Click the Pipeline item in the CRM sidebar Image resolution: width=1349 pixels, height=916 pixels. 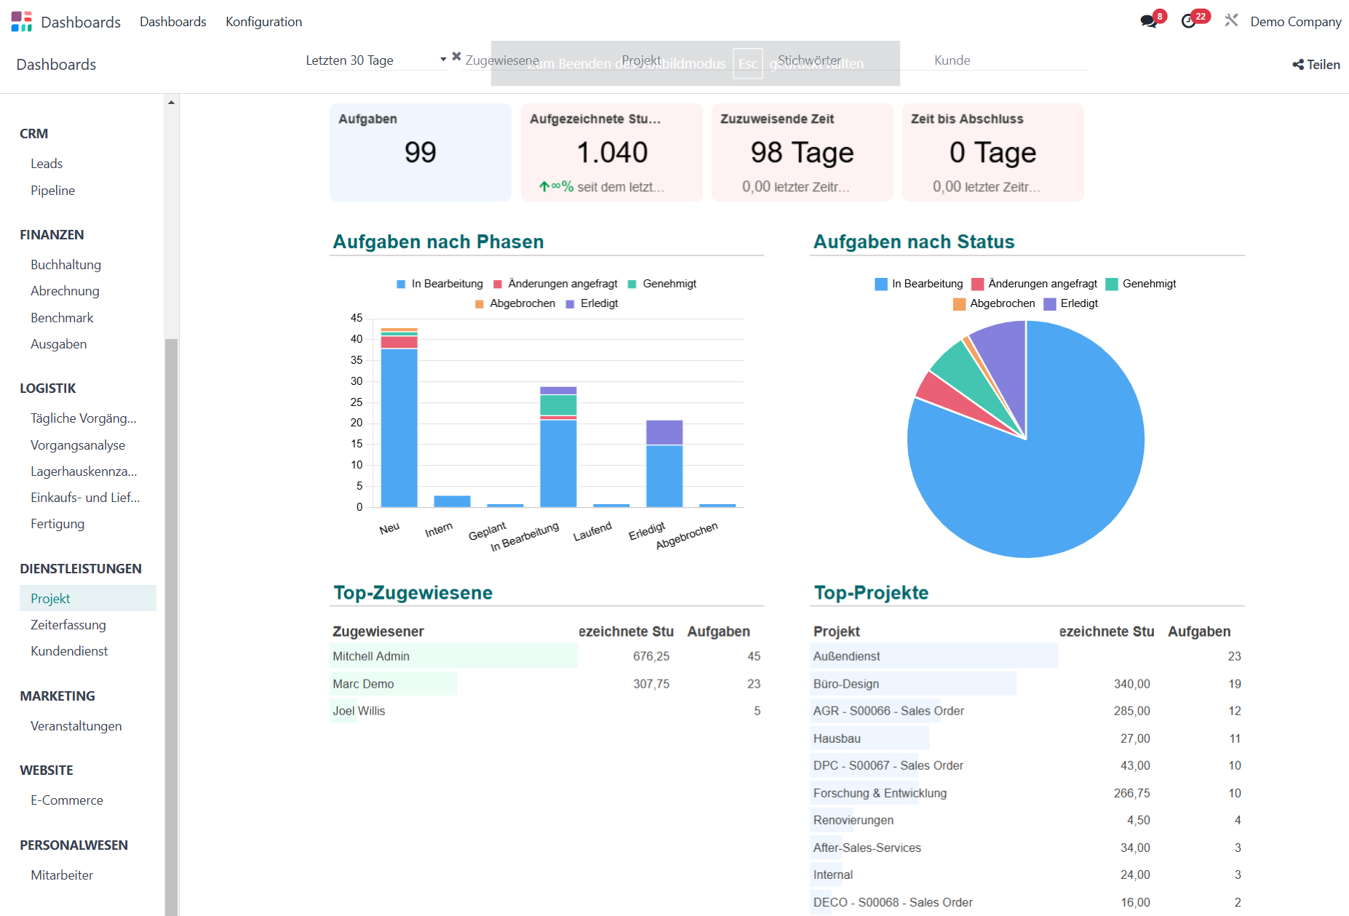coord(52,191)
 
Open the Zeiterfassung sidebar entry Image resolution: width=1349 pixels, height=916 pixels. coord(68,625)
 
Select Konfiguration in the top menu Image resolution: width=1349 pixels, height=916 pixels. coord(263,22)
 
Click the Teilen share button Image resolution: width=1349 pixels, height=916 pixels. coord(1316,65)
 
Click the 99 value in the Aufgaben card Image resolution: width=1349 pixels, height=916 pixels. coord(420,152)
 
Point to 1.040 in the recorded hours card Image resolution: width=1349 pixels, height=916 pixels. coord(611,152)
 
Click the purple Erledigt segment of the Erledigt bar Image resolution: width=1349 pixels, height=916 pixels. coord(664,432)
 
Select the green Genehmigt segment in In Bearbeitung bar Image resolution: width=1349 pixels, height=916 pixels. coord(558,405)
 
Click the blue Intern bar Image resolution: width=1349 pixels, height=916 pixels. coord(452,501)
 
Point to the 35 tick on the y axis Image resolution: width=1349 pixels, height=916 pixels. coord(357,360)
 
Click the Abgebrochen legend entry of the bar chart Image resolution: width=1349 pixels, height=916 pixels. coord(515,303)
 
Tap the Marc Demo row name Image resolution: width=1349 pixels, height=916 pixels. coord(363,684)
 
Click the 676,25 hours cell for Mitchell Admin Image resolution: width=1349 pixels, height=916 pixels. coord(650,656)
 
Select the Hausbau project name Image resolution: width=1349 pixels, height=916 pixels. coord(837,738)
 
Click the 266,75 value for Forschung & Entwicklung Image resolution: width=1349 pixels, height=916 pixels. coord(1131,793)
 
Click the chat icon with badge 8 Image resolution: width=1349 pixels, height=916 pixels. coord(1149,21)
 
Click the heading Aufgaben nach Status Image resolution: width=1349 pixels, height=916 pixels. coord(913,242)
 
